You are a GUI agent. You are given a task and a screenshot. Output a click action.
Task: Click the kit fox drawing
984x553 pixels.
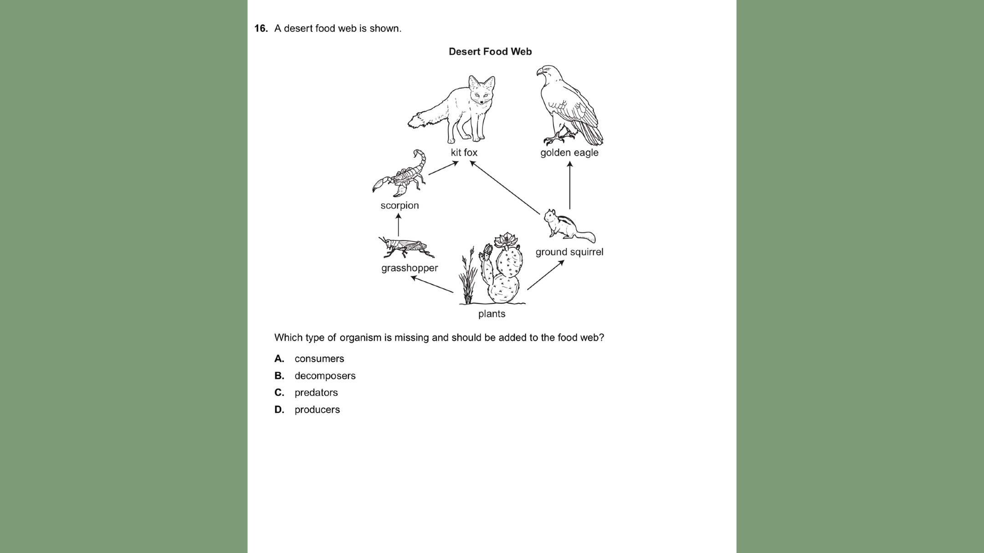coord(460,112)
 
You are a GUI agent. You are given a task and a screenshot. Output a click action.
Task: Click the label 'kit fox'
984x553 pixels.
coord(464,153)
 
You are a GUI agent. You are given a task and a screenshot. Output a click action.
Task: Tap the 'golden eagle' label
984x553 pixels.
coord(569,153)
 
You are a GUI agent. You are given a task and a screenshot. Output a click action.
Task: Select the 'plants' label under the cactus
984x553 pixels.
coord(492,314)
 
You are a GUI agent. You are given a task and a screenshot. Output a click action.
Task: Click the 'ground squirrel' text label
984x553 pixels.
coord(569,252)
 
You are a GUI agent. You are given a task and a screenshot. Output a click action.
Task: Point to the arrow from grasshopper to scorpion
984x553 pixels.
coord(399,225)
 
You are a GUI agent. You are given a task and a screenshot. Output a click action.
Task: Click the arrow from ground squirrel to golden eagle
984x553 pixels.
coord(569,185)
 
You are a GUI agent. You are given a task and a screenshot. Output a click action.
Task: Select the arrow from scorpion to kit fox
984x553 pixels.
coord(443,168)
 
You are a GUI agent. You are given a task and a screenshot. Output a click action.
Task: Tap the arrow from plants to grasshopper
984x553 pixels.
coord(432,284)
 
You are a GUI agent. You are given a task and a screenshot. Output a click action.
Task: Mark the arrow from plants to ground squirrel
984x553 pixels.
coord(546,275)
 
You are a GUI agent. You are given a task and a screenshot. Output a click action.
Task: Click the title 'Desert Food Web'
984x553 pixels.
coord(490,52)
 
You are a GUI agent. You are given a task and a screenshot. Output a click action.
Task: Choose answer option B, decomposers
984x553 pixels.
coord(325,376)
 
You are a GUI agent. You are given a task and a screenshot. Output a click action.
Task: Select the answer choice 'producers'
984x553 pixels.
coord(317,410)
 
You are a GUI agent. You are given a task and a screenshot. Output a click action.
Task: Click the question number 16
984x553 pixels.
coord(261,29)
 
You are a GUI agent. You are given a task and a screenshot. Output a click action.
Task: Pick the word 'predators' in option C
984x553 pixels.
coord(316,393)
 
